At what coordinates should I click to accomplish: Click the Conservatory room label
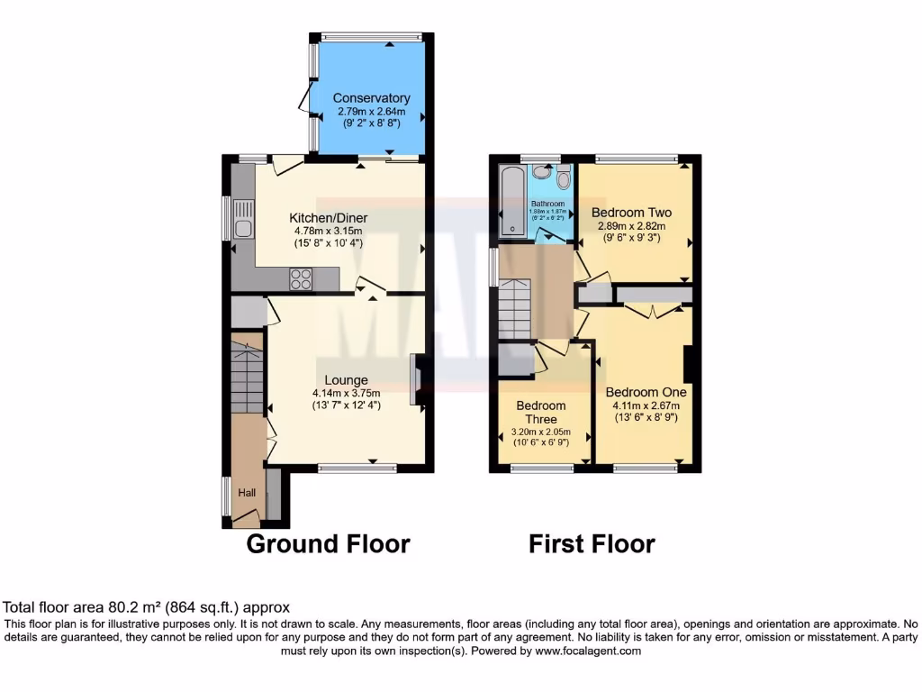tap(371, 98)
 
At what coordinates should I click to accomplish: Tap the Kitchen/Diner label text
tap(328, 218)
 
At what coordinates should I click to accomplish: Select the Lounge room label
tap(347, 380)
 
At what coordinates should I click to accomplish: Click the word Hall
tap(247, 493)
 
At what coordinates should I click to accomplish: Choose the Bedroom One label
tap(646, 393)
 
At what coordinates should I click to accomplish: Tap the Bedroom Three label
tap(541, 413)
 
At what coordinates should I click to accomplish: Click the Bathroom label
tap(547, 205)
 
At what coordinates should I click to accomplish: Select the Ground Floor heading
tap(328, 544)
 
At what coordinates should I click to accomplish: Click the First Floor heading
tap(592, 544)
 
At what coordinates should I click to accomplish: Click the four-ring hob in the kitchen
tap(301, 280)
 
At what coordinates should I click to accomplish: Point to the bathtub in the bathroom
tap(510, 203)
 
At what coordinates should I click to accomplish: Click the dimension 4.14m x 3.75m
tap(347, 393)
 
